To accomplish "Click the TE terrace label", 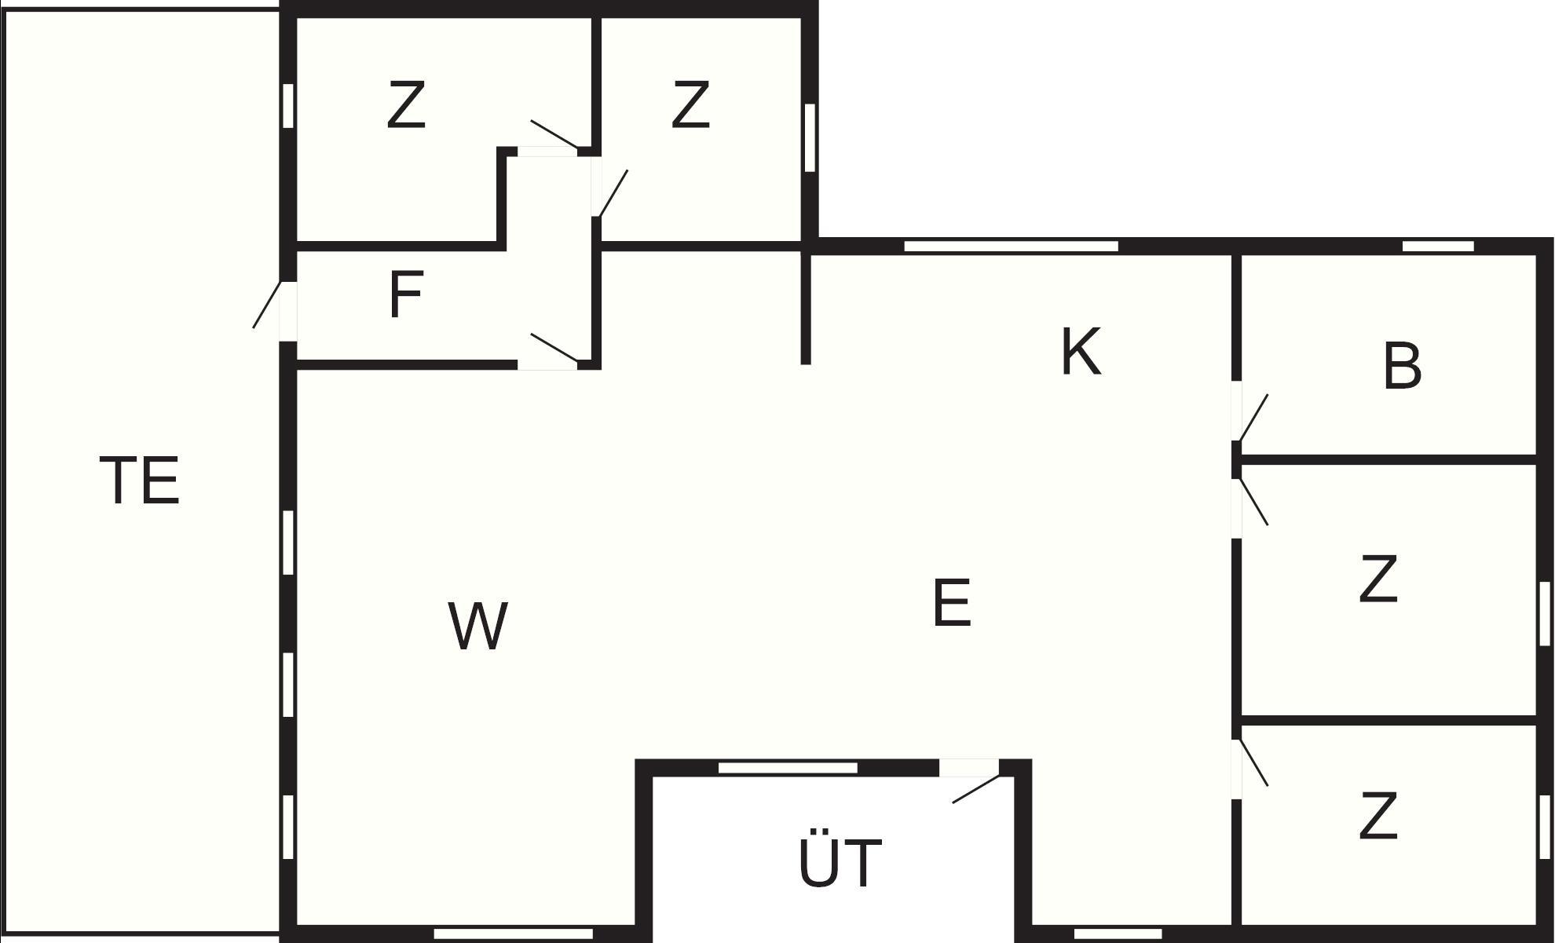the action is (140, 480).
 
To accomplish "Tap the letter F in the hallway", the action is (406, 294).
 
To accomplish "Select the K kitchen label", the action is (1081, 352).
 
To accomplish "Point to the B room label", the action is (1402, 365).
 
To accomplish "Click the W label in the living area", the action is (477, 626).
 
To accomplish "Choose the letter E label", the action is (952, 602).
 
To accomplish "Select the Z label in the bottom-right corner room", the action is (1378, 816).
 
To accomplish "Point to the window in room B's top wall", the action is (1438, 247).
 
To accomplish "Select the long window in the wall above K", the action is (1011, 247).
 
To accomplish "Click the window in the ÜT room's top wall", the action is (788, 768).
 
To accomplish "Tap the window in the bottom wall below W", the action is (514, 934).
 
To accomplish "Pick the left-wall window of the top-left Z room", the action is (288, 105).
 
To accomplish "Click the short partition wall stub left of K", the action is (805, 308).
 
